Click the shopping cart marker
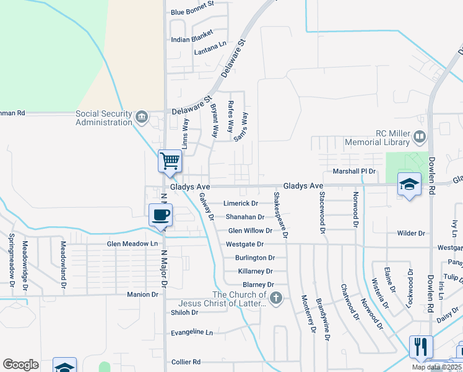pos(170,161)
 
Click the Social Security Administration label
pos(104,118)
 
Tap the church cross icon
pos(276,299)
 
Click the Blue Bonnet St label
pos(192,12)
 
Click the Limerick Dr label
pos(241,203)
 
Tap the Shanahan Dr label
pos(244,217)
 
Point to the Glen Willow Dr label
pos(250,231)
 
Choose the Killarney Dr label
pos(255,272)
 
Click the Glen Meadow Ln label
pos(132,244)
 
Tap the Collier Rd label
pos(186,362)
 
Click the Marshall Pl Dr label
pos(355,171)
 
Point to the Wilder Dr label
pos(411,234)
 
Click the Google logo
pos(20,365)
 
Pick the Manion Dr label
pos(142,294)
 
